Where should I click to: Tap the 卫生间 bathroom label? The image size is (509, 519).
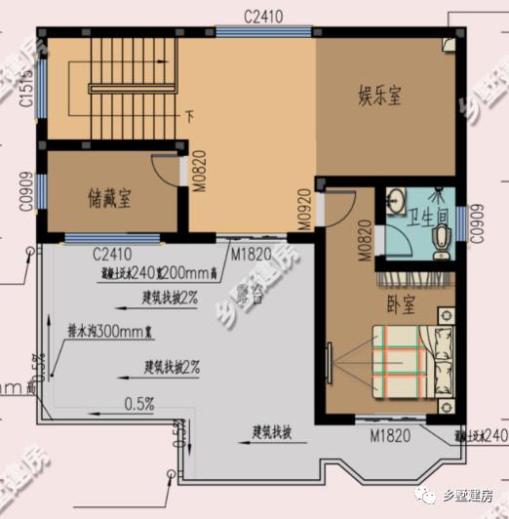click(427, 217)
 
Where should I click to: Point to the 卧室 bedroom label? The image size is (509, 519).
click(400, 304)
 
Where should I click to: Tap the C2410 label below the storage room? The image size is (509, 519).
click(113, 255)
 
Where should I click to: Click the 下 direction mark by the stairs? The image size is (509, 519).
click(190, 118)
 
